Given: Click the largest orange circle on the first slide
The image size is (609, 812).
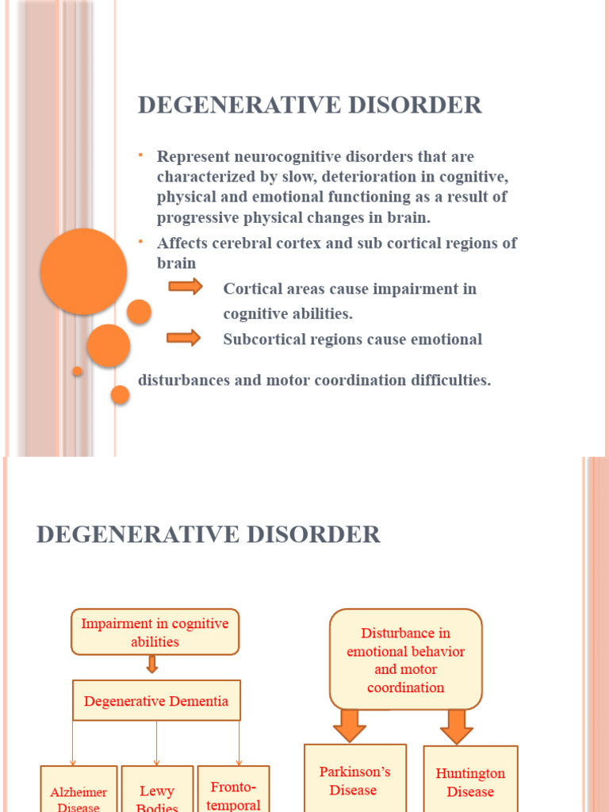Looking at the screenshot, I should tap(83, 271).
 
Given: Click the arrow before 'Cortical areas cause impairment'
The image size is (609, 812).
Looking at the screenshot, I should tap(186, 286).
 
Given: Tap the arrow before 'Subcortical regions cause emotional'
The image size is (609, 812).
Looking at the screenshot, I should tap(184, 338).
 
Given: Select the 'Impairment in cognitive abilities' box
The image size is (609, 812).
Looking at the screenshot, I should tap(155, 632).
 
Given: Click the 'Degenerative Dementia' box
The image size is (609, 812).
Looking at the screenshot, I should tap(156, 700).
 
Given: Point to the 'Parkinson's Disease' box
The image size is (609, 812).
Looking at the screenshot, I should tap(354, 779).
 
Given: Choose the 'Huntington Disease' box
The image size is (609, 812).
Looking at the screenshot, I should tap(470, 781).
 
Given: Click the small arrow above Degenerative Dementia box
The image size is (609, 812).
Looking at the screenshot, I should tap(152, 665).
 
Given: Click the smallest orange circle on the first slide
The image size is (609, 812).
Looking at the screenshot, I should tap(77, 371).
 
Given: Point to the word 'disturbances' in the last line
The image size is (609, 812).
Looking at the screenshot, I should tap(184, 380).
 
